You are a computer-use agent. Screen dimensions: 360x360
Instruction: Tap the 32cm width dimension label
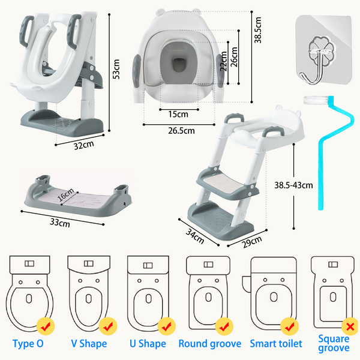point(83,145)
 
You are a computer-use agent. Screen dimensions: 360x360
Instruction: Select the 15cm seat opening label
point(179,113)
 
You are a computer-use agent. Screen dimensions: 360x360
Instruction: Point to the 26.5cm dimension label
point(181,130)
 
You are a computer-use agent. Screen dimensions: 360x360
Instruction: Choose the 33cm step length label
point(59,223)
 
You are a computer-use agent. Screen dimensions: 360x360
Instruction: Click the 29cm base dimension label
point(253,241)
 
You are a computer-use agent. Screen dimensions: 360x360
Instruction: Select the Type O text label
point(29,344)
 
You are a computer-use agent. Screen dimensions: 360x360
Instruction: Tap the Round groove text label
point(210,344)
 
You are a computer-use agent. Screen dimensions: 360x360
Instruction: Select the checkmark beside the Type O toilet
point(46,326)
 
